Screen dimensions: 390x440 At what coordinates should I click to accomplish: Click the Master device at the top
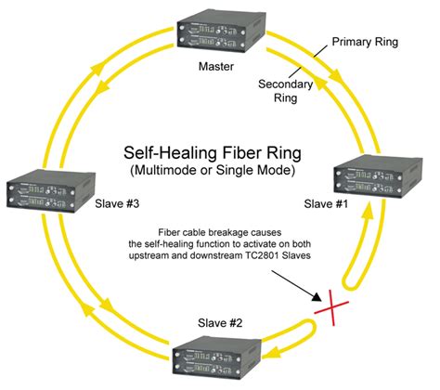click(x=218, y=33)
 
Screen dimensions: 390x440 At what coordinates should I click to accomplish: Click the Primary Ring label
click(x=357, y=44)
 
